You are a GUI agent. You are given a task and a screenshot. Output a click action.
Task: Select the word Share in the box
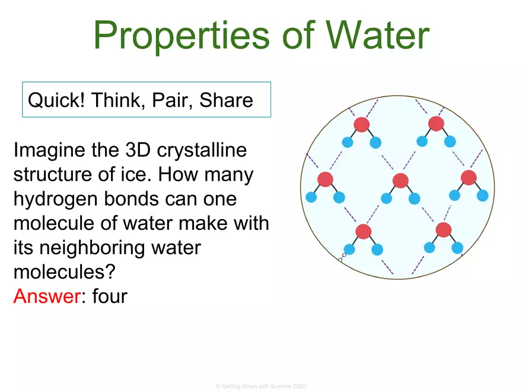point(226,100)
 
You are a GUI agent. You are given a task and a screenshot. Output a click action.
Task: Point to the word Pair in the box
point(172,100)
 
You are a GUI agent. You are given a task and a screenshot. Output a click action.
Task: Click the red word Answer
point(46,295)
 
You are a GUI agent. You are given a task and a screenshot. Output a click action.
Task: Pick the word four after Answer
point(110,295)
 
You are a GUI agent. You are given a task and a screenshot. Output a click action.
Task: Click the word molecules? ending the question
point(64,273)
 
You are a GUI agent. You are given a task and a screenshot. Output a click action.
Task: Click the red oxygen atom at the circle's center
point(400,181)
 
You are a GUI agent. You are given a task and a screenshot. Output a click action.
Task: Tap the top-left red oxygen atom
point(361,124)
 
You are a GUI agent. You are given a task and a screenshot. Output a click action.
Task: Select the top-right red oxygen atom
point(436,124)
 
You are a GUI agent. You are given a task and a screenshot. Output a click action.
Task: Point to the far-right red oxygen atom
point(469,177)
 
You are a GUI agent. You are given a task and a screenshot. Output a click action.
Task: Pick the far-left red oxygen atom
point(325,179)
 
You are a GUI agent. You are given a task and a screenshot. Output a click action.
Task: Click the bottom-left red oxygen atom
point(363,232)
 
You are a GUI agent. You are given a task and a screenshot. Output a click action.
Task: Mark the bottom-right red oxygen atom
point(444,230)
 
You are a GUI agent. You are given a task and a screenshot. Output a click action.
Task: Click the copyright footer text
point(261,387)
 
